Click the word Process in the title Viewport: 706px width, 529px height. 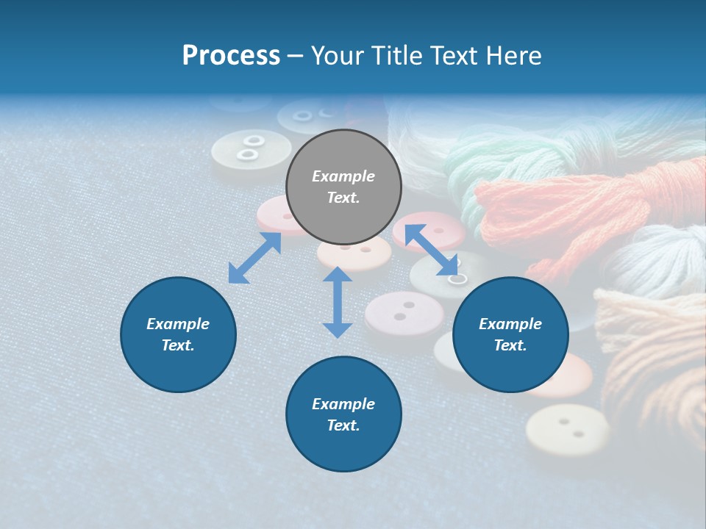[231, 56]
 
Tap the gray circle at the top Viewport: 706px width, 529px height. [343, 187]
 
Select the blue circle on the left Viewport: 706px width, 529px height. [178, 334]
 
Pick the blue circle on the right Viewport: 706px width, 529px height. [510, 334]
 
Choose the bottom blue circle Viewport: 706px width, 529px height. [343, 414]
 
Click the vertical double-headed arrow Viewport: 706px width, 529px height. [338, 302]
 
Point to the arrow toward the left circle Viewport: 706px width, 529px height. [254, 258]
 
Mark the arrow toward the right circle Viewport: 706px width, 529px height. [431, 251]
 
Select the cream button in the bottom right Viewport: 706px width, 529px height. [567, 430]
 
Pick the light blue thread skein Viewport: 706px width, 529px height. [655, 257]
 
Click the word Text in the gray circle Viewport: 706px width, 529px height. [343, 198]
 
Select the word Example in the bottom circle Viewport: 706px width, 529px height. [343, 404]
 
